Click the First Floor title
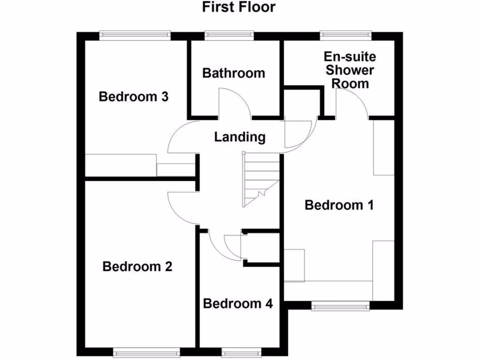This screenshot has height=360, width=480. tap(239, 7)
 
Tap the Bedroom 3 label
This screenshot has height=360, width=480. tap(134, 97)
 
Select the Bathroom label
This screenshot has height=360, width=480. tap(233, 73)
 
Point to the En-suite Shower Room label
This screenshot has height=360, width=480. tap(350, 70)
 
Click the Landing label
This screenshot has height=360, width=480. tap(240, 137)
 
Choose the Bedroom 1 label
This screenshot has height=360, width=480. tap(339, 205)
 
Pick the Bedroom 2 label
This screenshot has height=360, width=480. tap(137, 267)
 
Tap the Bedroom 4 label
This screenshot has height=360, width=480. tap(238, 303)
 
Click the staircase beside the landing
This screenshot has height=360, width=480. tap(260, 180)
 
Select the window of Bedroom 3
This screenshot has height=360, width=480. tap(135, 34)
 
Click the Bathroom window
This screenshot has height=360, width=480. tap(229, 34)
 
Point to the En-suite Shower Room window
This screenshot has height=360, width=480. tap(346, 34)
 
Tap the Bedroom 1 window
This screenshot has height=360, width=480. tap(340, 306)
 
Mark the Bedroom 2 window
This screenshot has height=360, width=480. tap(146, 352)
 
